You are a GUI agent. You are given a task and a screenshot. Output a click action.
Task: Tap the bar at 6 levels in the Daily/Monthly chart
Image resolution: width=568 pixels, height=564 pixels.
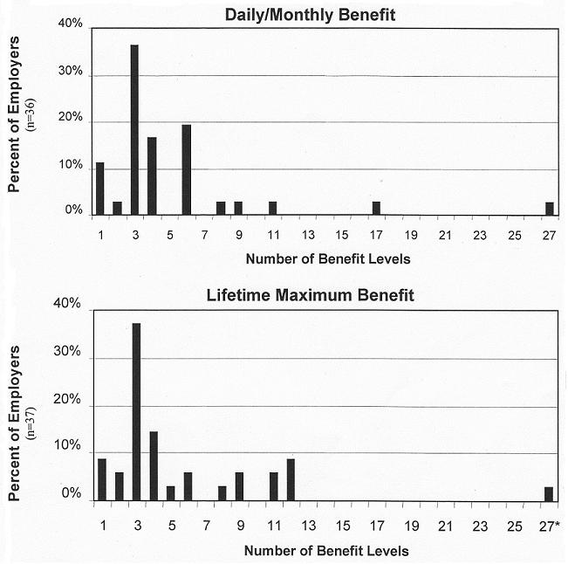[x=186, y=169]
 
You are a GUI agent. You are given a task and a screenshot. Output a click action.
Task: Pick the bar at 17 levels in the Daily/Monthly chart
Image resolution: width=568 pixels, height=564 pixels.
[x=376, y=208]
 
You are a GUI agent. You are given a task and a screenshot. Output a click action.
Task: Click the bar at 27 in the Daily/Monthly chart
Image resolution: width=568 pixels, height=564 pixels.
[x=549, y=208]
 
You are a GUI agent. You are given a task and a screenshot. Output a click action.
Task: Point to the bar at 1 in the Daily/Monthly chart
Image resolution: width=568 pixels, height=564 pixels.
[x=100, y=188]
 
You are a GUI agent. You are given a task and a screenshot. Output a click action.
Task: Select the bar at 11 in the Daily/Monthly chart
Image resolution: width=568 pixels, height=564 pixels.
[x=272, y=208]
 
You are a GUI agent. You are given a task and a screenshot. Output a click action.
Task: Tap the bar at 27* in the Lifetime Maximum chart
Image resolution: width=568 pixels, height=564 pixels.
[x=549, y=494]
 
